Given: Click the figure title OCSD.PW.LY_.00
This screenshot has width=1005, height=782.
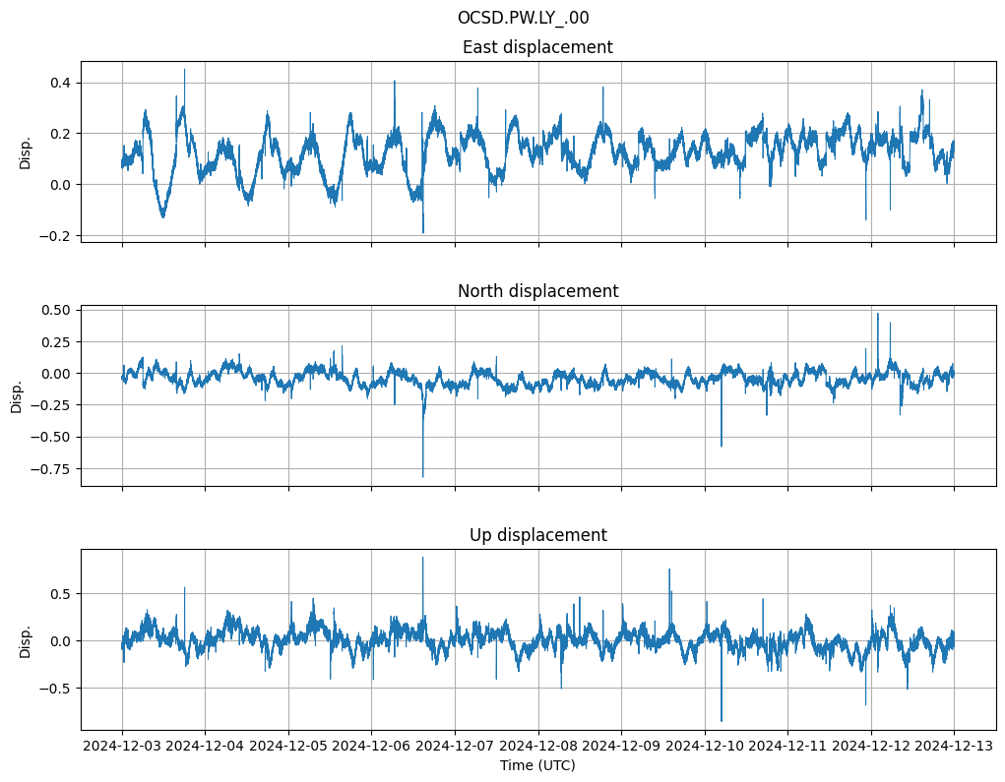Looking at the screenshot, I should pyautogui.click(x=523, y=18).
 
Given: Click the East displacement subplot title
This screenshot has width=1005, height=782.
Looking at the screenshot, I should pyautogui.click(x=537, y=47).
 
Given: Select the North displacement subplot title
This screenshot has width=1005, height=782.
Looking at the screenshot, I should pyautogui.click(x=537, y=291).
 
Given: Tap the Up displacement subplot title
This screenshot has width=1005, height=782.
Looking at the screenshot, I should pyautogui.click(x=537, y=535).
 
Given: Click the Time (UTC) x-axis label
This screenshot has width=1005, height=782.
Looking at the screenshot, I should pyautogui.click(x=537, y=764).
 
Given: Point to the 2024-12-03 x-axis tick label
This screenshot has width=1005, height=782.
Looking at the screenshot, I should pyautogui.click(x=122, y=746).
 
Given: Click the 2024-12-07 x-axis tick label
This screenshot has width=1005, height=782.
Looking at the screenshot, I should pyautogui.click(x=455, y=746).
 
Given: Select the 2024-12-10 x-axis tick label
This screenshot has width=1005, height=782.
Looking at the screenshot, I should pyautogui.click(x=705, y=746).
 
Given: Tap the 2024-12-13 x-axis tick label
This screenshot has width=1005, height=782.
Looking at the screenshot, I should pyautogui.click(x=954, y=746).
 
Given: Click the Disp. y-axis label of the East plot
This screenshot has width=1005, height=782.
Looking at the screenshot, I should pyautogui.click(x=26, y=152).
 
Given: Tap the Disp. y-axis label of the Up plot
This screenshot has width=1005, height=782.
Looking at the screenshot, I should pyautogui.click(x=26, y=640).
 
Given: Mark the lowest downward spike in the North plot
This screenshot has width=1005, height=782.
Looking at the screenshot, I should pyautogui.click(x=423, y=477).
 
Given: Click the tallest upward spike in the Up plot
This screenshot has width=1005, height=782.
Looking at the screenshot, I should pyautogui.click(x=423, y=558).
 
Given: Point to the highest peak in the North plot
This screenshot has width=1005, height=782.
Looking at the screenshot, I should pyautogui.click(x=878, y=314).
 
